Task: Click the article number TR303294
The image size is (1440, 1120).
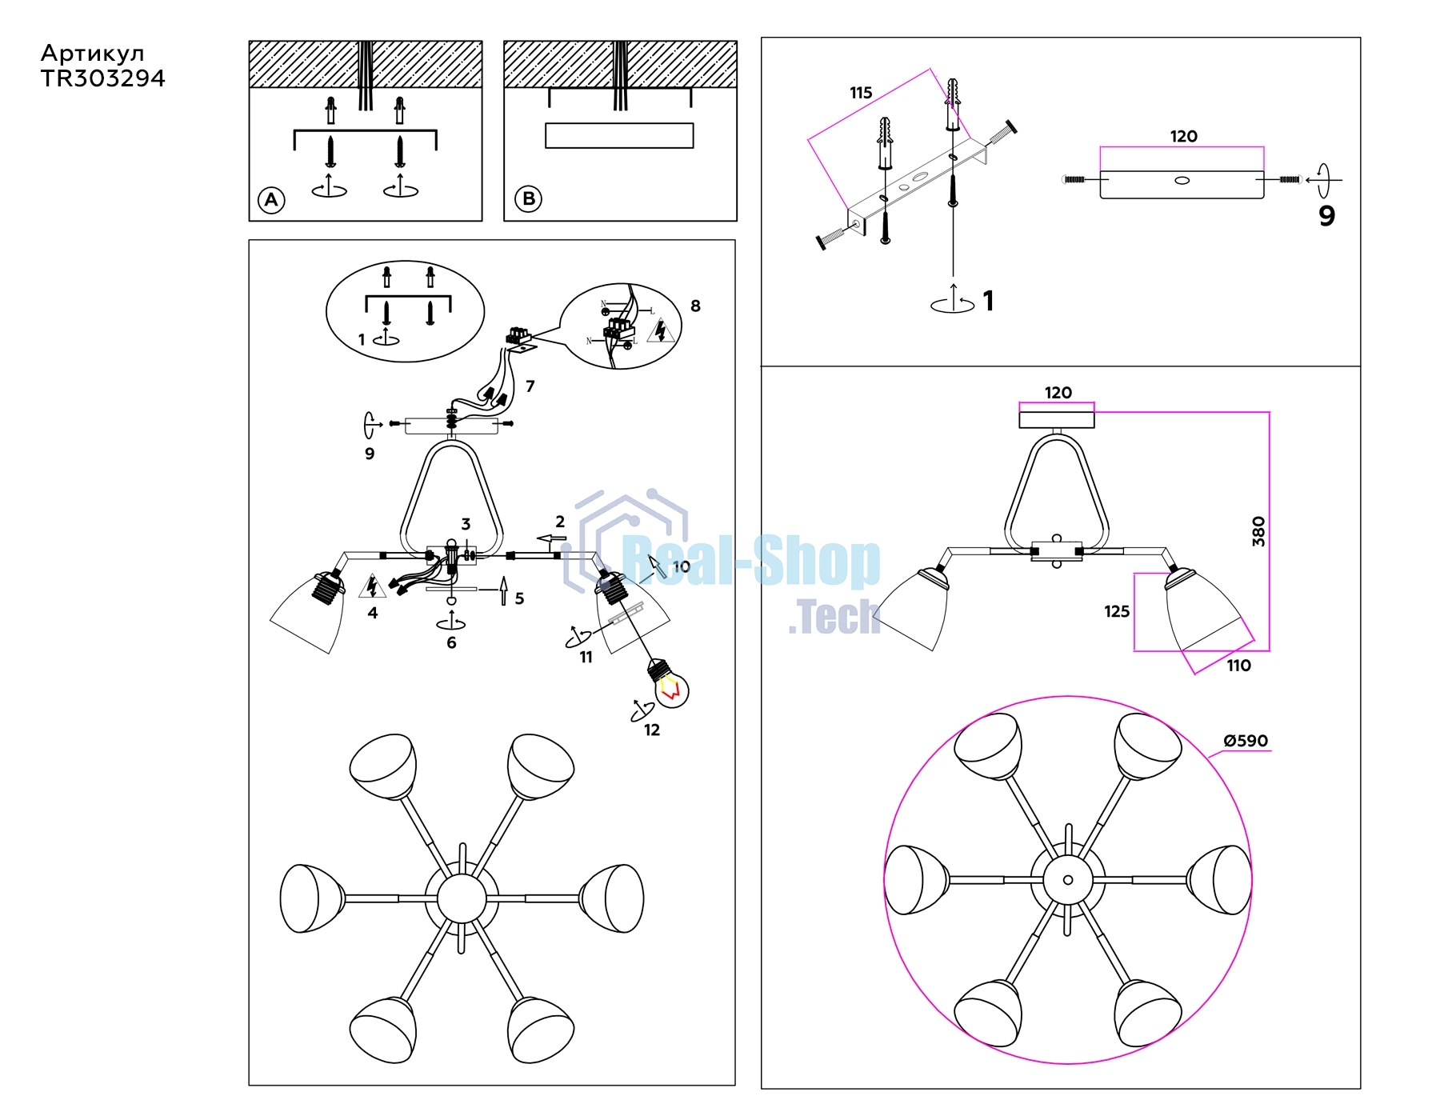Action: pyautogui.click(x=102, y=78)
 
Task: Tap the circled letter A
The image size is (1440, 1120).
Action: pyautogui.click(x=271, y=199)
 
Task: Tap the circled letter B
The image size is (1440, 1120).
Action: pyautogui.click(x=529, y=198)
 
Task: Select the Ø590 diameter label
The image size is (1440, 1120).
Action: pyautogui.click(x=1246, y=741)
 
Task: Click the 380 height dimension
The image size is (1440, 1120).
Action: pyautogui.click(x=1258, y=531)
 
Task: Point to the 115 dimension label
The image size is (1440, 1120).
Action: pyautogui.click(x=861, y=93)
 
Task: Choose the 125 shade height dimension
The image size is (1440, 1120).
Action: pyautogui.click(x=1117, y=611)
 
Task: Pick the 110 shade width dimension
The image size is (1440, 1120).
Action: pyautogui.click(x=1238, y=666)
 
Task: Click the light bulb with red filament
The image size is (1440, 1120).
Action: pyautogui.click(x=669, y=682)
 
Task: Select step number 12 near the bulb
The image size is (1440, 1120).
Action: pyautogui.click(x=652, y=730)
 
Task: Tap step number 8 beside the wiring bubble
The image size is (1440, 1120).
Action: pyautogui.click(x=695, y=306)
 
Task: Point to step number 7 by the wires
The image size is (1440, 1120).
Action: pyautogui.click(x=530, y=386)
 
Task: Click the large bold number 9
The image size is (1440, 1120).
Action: pyautogui.click(x=1326, y=216)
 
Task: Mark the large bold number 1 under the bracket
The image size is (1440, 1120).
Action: pyautogui.click(x=989, y=301)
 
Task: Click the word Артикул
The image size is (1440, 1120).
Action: pyautogui.click(x=93, y=54)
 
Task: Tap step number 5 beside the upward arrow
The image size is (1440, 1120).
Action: pyautogui.click(x=519, y=598)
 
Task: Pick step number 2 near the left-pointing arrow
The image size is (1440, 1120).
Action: pyautogui.click(x=560, y=522)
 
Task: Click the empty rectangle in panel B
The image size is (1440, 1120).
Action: pyautogui.click(x=619, y=135)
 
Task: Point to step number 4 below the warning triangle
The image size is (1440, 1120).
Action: pyautogui.click(x=372, y=613)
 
